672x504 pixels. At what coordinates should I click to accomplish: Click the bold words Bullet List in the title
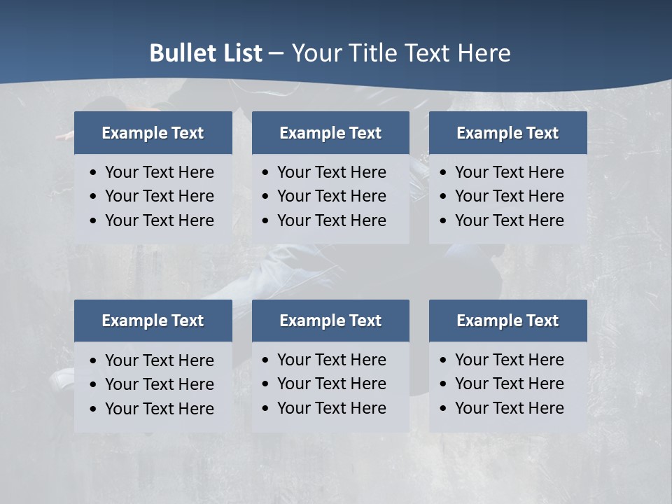(x=206, y=53)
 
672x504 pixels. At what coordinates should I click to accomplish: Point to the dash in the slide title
(x=276, y=54)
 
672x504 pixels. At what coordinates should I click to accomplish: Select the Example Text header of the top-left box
(x=153, y=133)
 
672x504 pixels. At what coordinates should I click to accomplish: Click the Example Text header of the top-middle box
(x=330, y=133)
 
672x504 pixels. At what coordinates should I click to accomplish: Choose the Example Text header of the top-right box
(x=507, y=133)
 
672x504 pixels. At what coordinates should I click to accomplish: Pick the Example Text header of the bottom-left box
(x=153, y=321)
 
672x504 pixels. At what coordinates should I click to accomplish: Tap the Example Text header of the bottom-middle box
(x=330, y=321)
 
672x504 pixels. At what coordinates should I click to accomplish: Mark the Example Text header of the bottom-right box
(x=507, y=321)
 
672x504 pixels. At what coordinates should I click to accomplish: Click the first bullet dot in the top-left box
(x=94, y=173)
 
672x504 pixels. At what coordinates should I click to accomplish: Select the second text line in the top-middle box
(x=331, y=196)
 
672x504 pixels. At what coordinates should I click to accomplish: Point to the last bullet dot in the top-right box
(x=444, y=221)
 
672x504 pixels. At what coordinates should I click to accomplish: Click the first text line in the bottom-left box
(x=160, y=360)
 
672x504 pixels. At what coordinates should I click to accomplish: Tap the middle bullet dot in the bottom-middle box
(x=266, y=384)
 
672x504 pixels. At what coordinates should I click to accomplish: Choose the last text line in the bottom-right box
(x=510, y=408)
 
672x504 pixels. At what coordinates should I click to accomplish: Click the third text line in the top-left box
(x=160, y=220)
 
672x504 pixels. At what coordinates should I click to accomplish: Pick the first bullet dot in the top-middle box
(x=266, y=173)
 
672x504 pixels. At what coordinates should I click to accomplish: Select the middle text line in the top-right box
(x=510, y=196)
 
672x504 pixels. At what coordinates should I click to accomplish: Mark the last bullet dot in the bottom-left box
(x=94, y=409)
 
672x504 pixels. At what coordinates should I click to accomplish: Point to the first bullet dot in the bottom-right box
(x=444, y=360)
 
